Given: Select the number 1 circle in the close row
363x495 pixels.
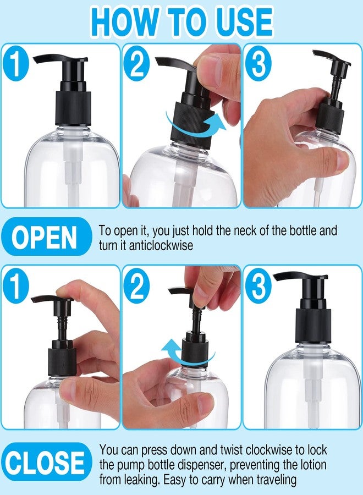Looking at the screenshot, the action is point(16,285).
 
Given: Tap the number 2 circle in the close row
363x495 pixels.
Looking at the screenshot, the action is point(137,285).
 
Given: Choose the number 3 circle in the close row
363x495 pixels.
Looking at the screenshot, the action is point(258,285).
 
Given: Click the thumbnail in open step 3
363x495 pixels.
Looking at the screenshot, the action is point(343,161).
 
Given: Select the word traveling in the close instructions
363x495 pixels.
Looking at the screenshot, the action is point(277,480).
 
